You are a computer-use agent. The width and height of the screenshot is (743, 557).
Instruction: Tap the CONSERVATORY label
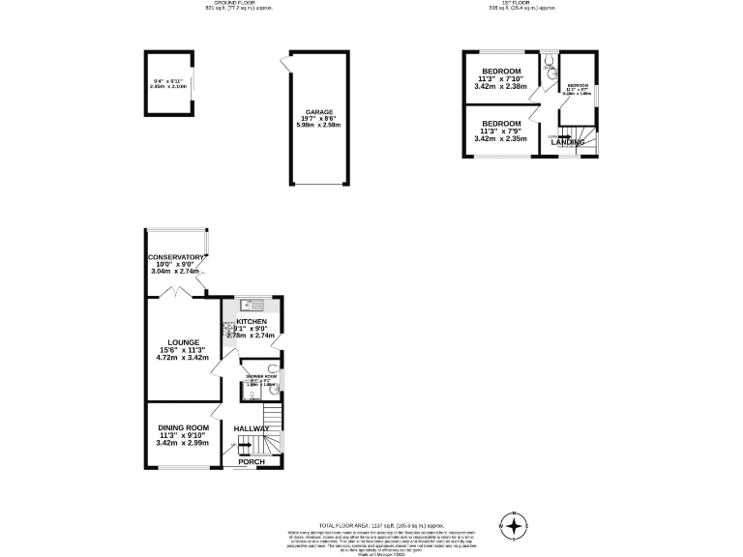click(175, 257)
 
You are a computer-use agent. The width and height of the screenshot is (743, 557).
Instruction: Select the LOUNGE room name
click(183, 341)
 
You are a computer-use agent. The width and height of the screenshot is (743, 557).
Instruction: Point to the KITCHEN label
click(252, 321)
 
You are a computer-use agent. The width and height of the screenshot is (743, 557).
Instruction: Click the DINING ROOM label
click(184, 427)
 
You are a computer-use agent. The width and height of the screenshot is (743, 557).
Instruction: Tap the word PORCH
click(252, 461)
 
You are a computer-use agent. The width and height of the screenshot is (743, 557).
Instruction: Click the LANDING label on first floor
click(568, 142)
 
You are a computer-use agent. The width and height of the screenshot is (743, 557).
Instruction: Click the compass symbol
click(515, 527)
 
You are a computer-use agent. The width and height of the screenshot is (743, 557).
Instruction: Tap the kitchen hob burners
click(229, 330)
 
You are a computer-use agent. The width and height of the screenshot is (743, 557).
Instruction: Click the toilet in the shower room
click(273, 370)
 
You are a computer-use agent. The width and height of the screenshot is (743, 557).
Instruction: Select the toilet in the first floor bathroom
click(549, 68)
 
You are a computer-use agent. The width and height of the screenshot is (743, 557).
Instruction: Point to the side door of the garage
click(283, 65)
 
